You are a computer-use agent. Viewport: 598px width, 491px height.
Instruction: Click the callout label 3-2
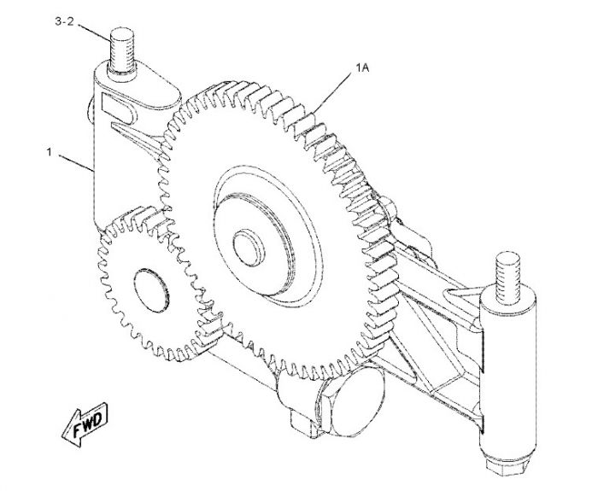pos(64,21)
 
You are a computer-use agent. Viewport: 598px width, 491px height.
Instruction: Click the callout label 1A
pos(362,67)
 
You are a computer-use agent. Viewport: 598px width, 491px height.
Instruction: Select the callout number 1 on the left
pos(50,152)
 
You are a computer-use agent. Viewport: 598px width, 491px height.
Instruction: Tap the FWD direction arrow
pos(85,424)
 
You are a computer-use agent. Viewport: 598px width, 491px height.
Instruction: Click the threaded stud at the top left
pos(121,50)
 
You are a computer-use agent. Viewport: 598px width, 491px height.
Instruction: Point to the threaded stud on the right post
pos(508,274)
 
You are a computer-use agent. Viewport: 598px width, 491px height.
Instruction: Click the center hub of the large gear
pos(249,248)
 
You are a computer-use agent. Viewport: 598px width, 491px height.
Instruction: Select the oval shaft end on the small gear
pos(151,290)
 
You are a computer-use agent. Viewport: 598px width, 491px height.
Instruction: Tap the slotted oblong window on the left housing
pos(118,108)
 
